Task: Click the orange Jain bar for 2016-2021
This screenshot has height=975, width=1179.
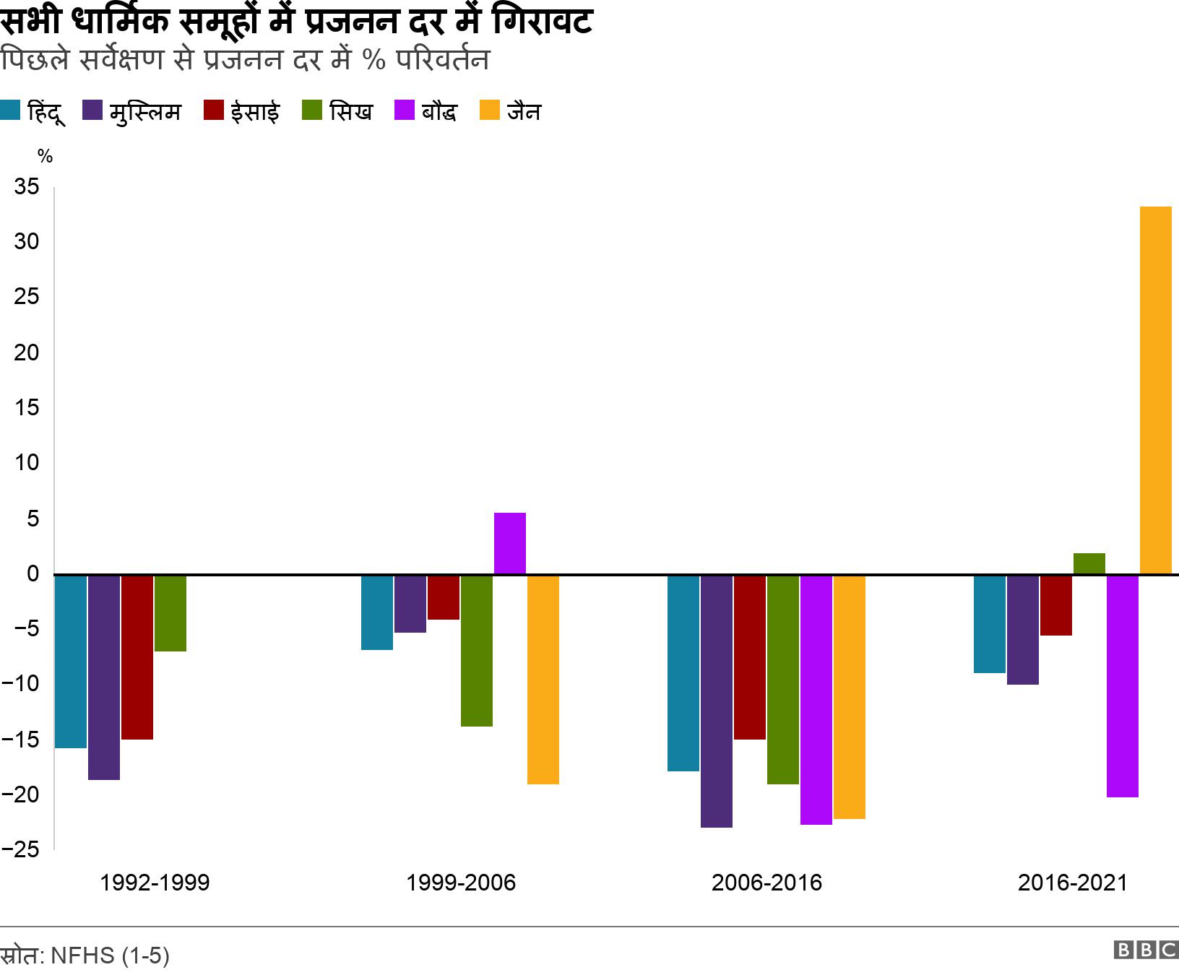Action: tap(1155, 390)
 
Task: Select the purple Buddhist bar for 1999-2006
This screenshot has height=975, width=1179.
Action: tap(510, 543)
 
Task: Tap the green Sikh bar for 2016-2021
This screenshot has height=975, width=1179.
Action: tap(1089, 564)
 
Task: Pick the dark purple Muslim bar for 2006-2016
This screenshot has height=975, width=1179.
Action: tap(716, 701)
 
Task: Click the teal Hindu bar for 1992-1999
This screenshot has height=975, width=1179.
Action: tap(71, 661)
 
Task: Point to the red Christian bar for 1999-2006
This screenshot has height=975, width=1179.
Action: tap(444, 597)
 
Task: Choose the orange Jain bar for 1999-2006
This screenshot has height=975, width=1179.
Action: tap(543, 679)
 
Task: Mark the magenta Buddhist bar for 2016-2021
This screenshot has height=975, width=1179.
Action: tap(1122, 686)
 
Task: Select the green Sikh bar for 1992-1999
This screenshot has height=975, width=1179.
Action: tap(170, 613)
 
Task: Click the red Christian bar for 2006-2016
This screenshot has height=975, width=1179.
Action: tap(749, 657)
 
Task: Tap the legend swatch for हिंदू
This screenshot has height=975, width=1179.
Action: tap(10, 111)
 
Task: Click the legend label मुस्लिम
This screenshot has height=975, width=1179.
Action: tap(145, 112)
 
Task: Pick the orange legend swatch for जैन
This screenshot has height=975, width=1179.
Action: tap(490, 111)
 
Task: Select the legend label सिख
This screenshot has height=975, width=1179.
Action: tap(350, 112)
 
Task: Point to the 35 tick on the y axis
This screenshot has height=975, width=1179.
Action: tap(27, 187)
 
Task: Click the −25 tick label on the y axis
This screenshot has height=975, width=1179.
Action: tap(20, 849)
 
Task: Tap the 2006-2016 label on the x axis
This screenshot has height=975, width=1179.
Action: tap(766, 883)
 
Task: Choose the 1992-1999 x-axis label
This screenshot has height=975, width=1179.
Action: tap(155, 883)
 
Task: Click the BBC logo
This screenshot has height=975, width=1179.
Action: tap(1146, 950)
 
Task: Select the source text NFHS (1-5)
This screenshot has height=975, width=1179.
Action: tap(110, 955)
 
